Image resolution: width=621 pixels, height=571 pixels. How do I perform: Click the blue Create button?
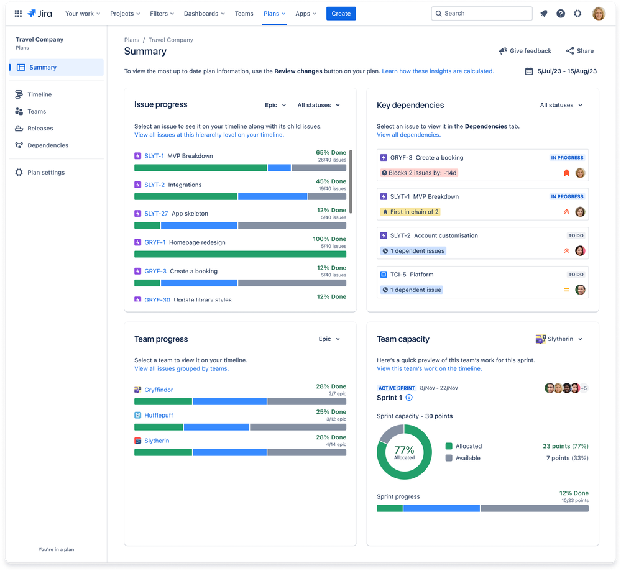[x=341, y=13]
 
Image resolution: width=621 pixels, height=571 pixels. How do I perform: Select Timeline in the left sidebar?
[x=39, y=94]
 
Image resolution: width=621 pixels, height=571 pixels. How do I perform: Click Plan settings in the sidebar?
[x=45, y=173]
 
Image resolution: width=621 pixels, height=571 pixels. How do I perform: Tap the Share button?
[x=579, y=51]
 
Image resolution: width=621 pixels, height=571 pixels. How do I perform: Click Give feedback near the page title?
[x=525, y=51]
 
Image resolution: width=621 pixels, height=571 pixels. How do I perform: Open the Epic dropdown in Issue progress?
[x=275, y=105]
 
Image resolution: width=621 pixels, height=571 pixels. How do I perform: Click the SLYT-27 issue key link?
[x=156, y=214]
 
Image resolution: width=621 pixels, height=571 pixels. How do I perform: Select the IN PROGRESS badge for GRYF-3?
[x=567, y=158]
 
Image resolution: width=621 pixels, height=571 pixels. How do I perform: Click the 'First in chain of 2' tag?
[x=410, y=212]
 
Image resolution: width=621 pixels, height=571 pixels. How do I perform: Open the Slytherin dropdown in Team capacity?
[x=559, y=339]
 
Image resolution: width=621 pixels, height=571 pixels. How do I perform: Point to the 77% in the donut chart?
[x=404, y=450]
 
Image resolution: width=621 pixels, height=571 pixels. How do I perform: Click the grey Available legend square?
[x=449, y=458]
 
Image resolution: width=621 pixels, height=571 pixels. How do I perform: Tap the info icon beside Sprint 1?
[x=409, y=398]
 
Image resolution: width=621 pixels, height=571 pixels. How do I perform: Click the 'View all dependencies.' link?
[x=408, y=135]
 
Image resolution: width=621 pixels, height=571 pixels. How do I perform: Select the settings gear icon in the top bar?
[x=577, y=13]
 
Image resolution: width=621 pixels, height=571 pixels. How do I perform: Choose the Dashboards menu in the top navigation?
[x=205, y=13]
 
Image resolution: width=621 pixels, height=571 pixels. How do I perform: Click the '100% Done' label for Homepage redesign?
[x=329, y=239]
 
